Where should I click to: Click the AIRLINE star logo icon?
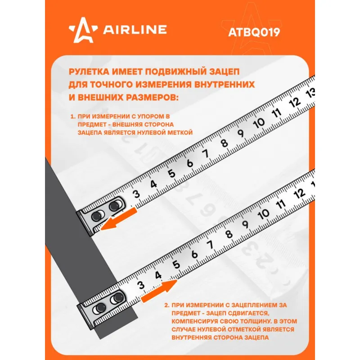tap(83, 30)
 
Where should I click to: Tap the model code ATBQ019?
tap(254, 32)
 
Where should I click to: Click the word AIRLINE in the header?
tap(135, 30)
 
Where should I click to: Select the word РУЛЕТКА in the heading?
tap(89, 72)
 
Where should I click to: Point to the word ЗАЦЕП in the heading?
tap(224, 72)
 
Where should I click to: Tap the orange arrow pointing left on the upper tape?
tap(119, 219)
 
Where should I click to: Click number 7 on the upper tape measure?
tap(206, 153)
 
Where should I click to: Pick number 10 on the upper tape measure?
tap(259, 123)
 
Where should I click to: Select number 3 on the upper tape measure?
tap(136, 194)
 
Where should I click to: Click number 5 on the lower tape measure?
tap(176, 265)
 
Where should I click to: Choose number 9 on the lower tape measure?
tap(245, 224)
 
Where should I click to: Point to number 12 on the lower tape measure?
tap(299, 194)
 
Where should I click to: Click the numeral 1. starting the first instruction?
tap(73, 117)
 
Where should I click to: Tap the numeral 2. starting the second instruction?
tap(167, 305)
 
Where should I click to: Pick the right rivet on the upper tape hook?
tap(114, 206)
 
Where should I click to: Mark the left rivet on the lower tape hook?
tap(99, 307)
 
